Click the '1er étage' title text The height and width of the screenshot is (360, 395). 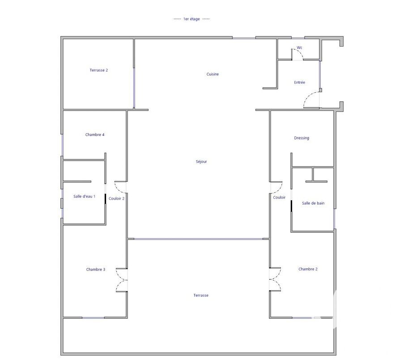point(191,19)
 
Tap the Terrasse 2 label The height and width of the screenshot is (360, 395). point(99,70)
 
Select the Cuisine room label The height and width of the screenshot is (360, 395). point(212,74)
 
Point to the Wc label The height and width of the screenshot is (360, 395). point(299,47)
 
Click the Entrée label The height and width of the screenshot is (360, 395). point(300,82)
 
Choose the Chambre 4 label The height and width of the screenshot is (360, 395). point(95,135)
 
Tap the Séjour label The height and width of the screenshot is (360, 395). point(201,162)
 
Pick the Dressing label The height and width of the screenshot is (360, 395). point(302,138)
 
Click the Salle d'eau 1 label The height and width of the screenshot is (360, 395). point(85,197)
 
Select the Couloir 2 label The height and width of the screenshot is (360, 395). point(116,198)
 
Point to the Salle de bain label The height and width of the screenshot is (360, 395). point(313,203)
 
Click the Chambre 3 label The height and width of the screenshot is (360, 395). point(95,270)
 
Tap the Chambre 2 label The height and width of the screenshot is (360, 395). point(308,269)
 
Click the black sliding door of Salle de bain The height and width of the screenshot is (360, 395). point(292,206)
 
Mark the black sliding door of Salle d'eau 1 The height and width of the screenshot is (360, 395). point(105,199)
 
